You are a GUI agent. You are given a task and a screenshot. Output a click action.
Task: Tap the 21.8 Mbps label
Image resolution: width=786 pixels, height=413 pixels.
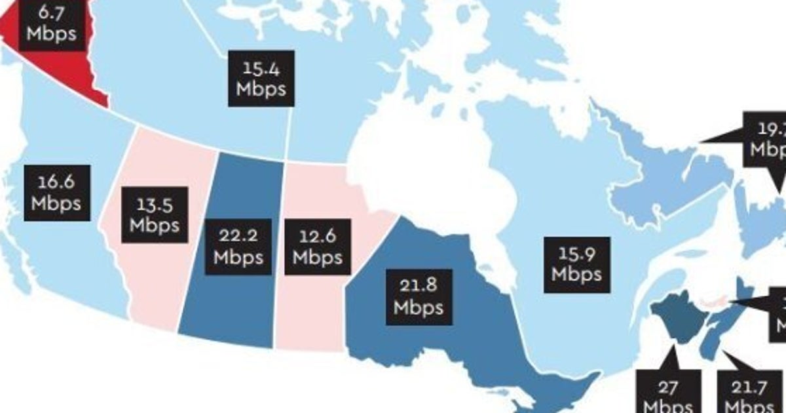(419, 296)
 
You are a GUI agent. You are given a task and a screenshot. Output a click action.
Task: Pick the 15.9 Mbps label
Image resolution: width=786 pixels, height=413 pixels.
(576, 264)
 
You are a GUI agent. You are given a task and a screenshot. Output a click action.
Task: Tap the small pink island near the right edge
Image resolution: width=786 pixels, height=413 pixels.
(714, 302)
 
